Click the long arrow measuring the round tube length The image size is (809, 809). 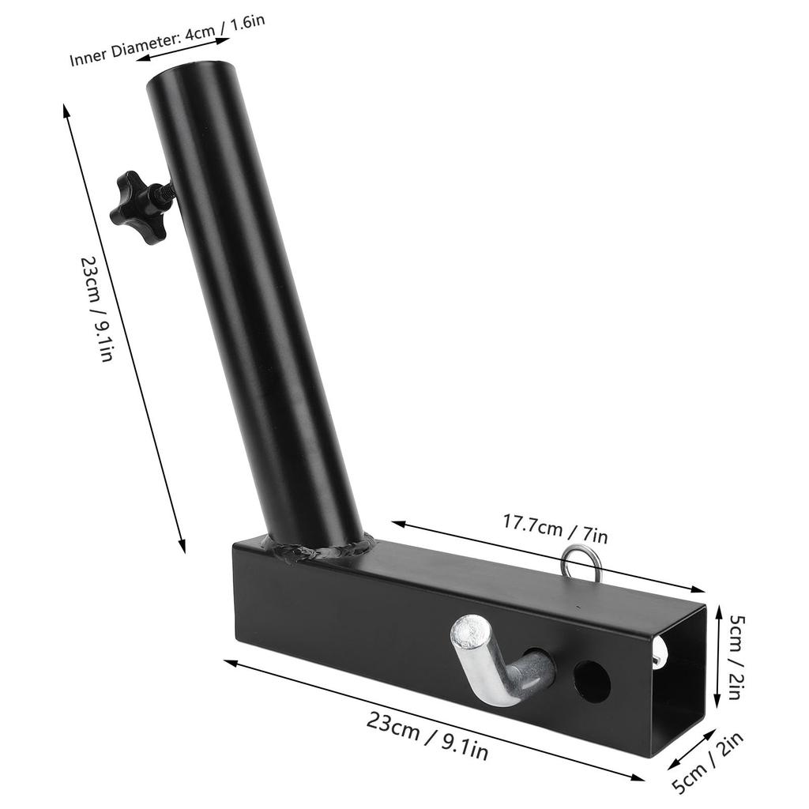124,328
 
